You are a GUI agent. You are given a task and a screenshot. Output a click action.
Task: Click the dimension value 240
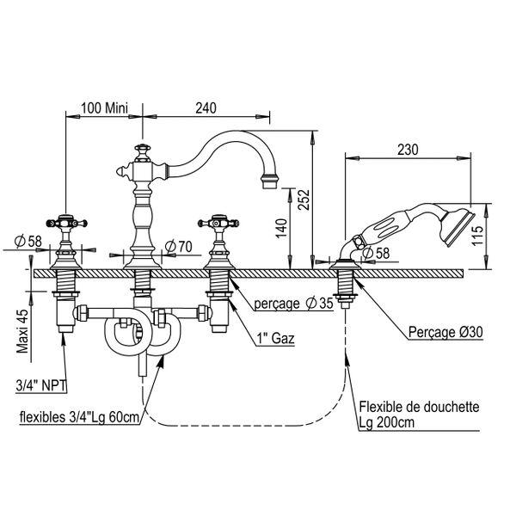(205, 107)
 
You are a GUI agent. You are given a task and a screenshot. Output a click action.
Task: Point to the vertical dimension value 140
(282, 227)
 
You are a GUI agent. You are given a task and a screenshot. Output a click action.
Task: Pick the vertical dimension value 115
(486, 230)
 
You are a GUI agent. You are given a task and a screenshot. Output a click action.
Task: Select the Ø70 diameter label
(177, 248)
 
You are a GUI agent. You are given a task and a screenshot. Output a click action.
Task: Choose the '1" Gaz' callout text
(276, 339)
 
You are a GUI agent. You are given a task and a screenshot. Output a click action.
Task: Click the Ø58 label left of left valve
(28, 242)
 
